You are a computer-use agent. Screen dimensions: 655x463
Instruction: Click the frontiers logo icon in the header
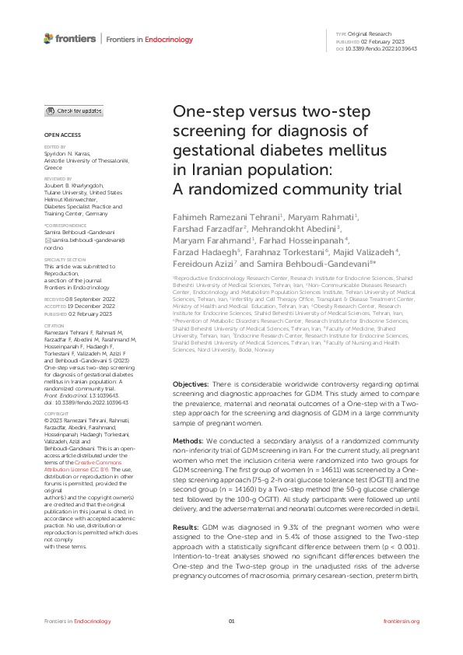[x=48, y=38]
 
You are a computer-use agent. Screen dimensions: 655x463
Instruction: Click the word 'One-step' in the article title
[x=204, y=113]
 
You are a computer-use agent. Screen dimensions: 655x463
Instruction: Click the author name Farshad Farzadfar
[x=207, y=228]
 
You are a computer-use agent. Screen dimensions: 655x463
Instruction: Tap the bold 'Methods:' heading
[x=188, y=440]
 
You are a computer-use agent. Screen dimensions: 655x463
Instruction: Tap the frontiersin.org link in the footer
[x=402, y=622]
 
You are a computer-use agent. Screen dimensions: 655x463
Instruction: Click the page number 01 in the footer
[x=231, y=622]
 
